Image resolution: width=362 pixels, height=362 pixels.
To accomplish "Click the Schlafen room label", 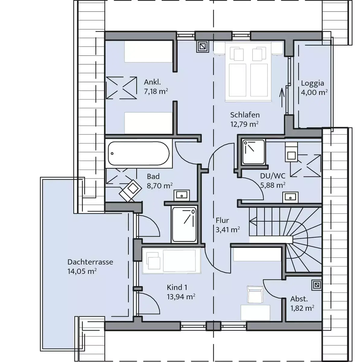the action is pos(245,115).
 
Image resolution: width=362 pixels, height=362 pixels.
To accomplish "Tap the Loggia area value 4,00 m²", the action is pos(314,92).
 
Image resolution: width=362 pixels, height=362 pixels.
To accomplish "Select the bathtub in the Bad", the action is pos(139,154).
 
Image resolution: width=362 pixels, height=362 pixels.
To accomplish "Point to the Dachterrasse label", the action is pos(90,262).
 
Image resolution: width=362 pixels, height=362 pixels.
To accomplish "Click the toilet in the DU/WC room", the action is pos(291,152).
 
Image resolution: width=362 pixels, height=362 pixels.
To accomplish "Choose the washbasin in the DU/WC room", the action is pos(291,197).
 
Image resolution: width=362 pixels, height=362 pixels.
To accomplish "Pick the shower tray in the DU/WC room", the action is pos(253,152).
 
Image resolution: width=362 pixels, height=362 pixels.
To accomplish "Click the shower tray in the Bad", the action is pos(184,224).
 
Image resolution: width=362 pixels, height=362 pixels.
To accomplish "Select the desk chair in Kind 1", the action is pos(255,294).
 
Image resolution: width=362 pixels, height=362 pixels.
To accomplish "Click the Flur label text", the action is pos(222,220).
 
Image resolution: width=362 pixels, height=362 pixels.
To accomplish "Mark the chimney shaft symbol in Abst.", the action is pos(317,285).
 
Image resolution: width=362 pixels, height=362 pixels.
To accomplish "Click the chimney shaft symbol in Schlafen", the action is pos(202,46).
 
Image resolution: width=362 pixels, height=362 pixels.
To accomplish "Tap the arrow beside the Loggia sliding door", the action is pos(282,98).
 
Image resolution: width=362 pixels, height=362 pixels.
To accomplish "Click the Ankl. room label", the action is pos(152,82).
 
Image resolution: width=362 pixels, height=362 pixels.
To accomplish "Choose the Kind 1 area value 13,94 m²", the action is pos(181,297).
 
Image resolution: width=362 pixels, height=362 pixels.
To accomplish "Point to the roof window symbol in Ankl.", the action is pos(121,87).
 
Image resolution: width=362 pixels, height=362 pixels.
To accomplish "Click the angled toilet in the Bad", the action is pos(130,190).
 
